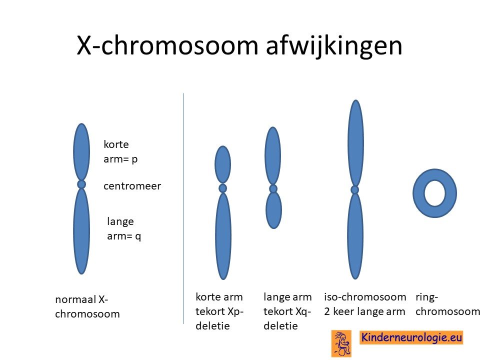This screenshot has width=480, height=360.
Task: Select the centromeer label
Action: [132, 186]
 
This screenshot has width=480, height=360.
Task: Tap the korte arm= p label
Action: [120, 151]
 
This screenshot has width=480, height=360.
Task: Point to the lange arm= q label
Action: [124, 228]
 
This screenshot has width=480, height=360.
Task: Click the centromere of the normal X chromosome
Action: [81, 184]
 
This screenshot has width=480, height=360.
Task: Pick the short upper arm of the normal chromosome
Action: [81, 152]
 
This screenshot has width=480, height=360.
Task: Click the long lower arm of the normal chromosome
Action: [81, 231]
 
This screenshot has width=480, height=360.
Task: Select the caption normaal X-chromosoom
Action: [87, 306]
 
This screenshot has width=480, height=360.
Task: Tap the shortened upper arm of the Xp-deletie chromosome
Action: [223, 165]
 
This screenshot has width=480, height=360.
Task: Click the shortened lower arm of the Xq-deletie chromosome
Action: [273, 210]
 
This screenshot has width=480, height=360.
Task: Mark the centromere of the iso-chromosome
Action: [355, 190]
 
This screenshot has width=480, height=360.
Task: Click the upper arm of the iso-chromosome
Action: [355, 143]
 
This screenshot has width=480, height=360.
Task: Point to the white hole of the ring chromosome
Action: [434, 193]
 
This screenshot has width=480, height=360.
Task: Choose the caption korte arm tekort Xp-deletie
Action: [219, 311]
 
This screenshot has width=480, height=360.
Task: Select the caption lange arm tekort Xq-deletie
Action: [287, 311]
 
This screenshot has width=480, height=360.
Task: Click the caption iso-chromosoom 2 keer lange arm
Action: [365, 304]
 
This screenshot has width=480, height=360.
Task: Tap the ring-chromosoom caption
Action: [447, 304]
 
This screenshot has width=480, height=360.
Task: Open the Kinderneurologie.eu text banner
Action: [411, 337]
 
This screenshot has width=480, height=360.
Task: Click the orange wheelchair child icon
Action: [341, 343]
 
